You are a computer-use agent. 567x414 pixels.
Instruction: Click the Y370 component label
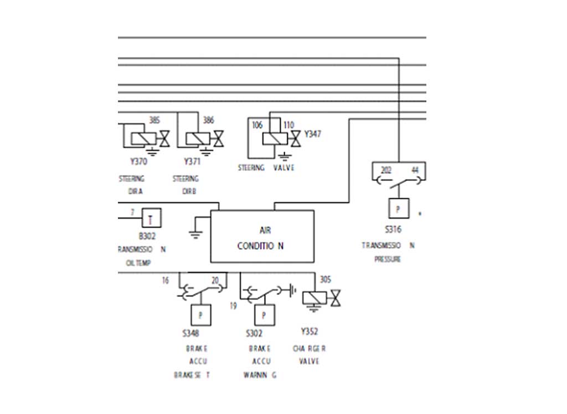138,162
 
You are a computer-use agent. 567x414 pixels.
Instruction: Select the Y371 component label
192,162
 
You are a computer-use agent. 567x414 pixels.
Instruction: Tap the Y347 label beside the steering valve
312,134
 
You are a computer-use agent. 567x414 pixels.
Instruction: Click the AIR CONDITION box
262,237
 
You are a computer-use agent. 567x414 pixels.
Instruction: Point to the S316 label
393,230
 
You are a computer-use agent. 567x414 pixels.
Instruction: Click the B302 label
147,236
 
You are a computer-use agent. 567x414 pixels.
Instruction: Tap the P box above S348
200,315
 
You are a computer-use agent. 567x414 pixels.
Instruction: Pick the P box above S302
264,315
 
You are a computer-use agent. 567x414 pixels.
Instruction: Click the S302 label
254,334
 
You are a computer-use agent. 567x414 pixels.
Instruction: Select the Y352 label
310,332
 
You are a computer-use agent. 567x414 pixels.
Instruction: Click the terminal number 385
154,120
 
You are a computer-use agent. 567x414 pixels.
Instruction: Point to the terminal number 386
208,120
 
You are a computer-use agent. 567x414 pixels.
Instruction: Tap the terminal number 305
326,280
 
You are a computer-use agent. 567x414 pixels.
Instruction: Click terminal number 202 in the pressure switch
386,170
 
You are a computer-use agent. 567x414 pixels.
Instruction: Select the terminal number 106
257,125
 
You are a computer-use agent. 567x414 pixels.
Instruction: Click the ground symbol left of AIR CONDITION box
194,233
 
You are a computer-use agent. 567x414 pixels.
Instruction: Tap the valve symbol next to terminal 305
335,298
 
